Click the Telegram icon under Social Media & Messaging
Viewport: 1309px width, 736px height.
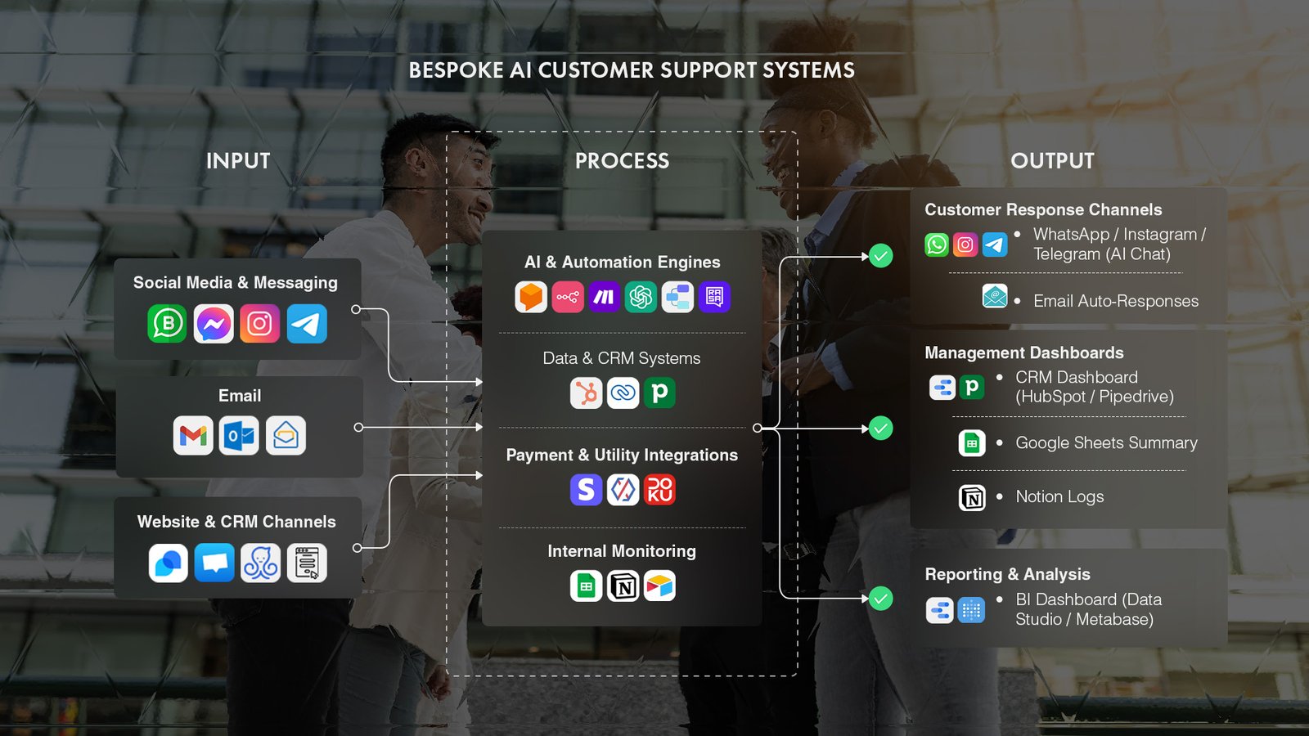[307, 324]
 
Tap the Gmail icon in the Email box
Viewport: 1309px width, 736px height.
[193, 435]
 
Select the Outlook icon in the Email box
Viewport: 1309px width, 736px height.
[239, 435]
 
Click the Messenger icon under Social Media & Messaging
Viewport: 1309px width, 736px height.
[214, 324]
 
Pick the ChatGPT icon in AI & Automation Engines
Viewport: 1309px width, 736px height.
[641, 297]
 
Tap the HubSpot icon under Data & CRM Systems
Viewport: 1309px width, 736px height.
[586, 393]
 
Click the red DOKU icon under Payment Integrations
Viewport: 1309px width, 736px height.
[659, 490]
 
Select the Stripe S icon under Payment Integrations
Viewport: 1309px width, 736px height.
[586, 490]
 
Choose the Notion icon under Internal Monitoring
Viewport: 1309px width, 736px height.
[623, 586]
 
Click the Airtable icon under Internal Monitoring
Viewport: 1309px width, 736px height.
[659, 586]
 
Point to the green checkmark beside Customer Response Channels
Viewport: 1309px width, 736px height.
[880, 256]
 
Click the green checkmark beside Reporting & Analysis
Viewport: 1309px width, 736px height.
[880, 599]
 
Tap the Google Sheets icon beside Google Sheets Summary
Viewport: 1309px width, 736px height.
[972, 443]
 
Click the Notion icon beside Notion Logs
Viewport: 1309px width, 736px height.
[972, 497]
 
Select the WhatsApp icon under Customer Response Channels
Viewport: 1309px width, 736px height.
[937, 245]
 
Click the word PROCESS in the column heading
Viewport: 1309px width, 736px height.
[622, 161]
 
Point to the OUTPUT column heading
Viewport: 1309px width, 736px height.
[1052, 161]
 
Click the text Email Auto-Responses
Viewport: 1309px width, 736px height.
[1115, 301]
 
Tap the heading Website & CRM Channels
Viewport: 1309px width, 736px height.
[236, 522]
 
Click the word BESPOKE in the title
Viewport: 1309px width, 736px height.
[456, 70]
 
